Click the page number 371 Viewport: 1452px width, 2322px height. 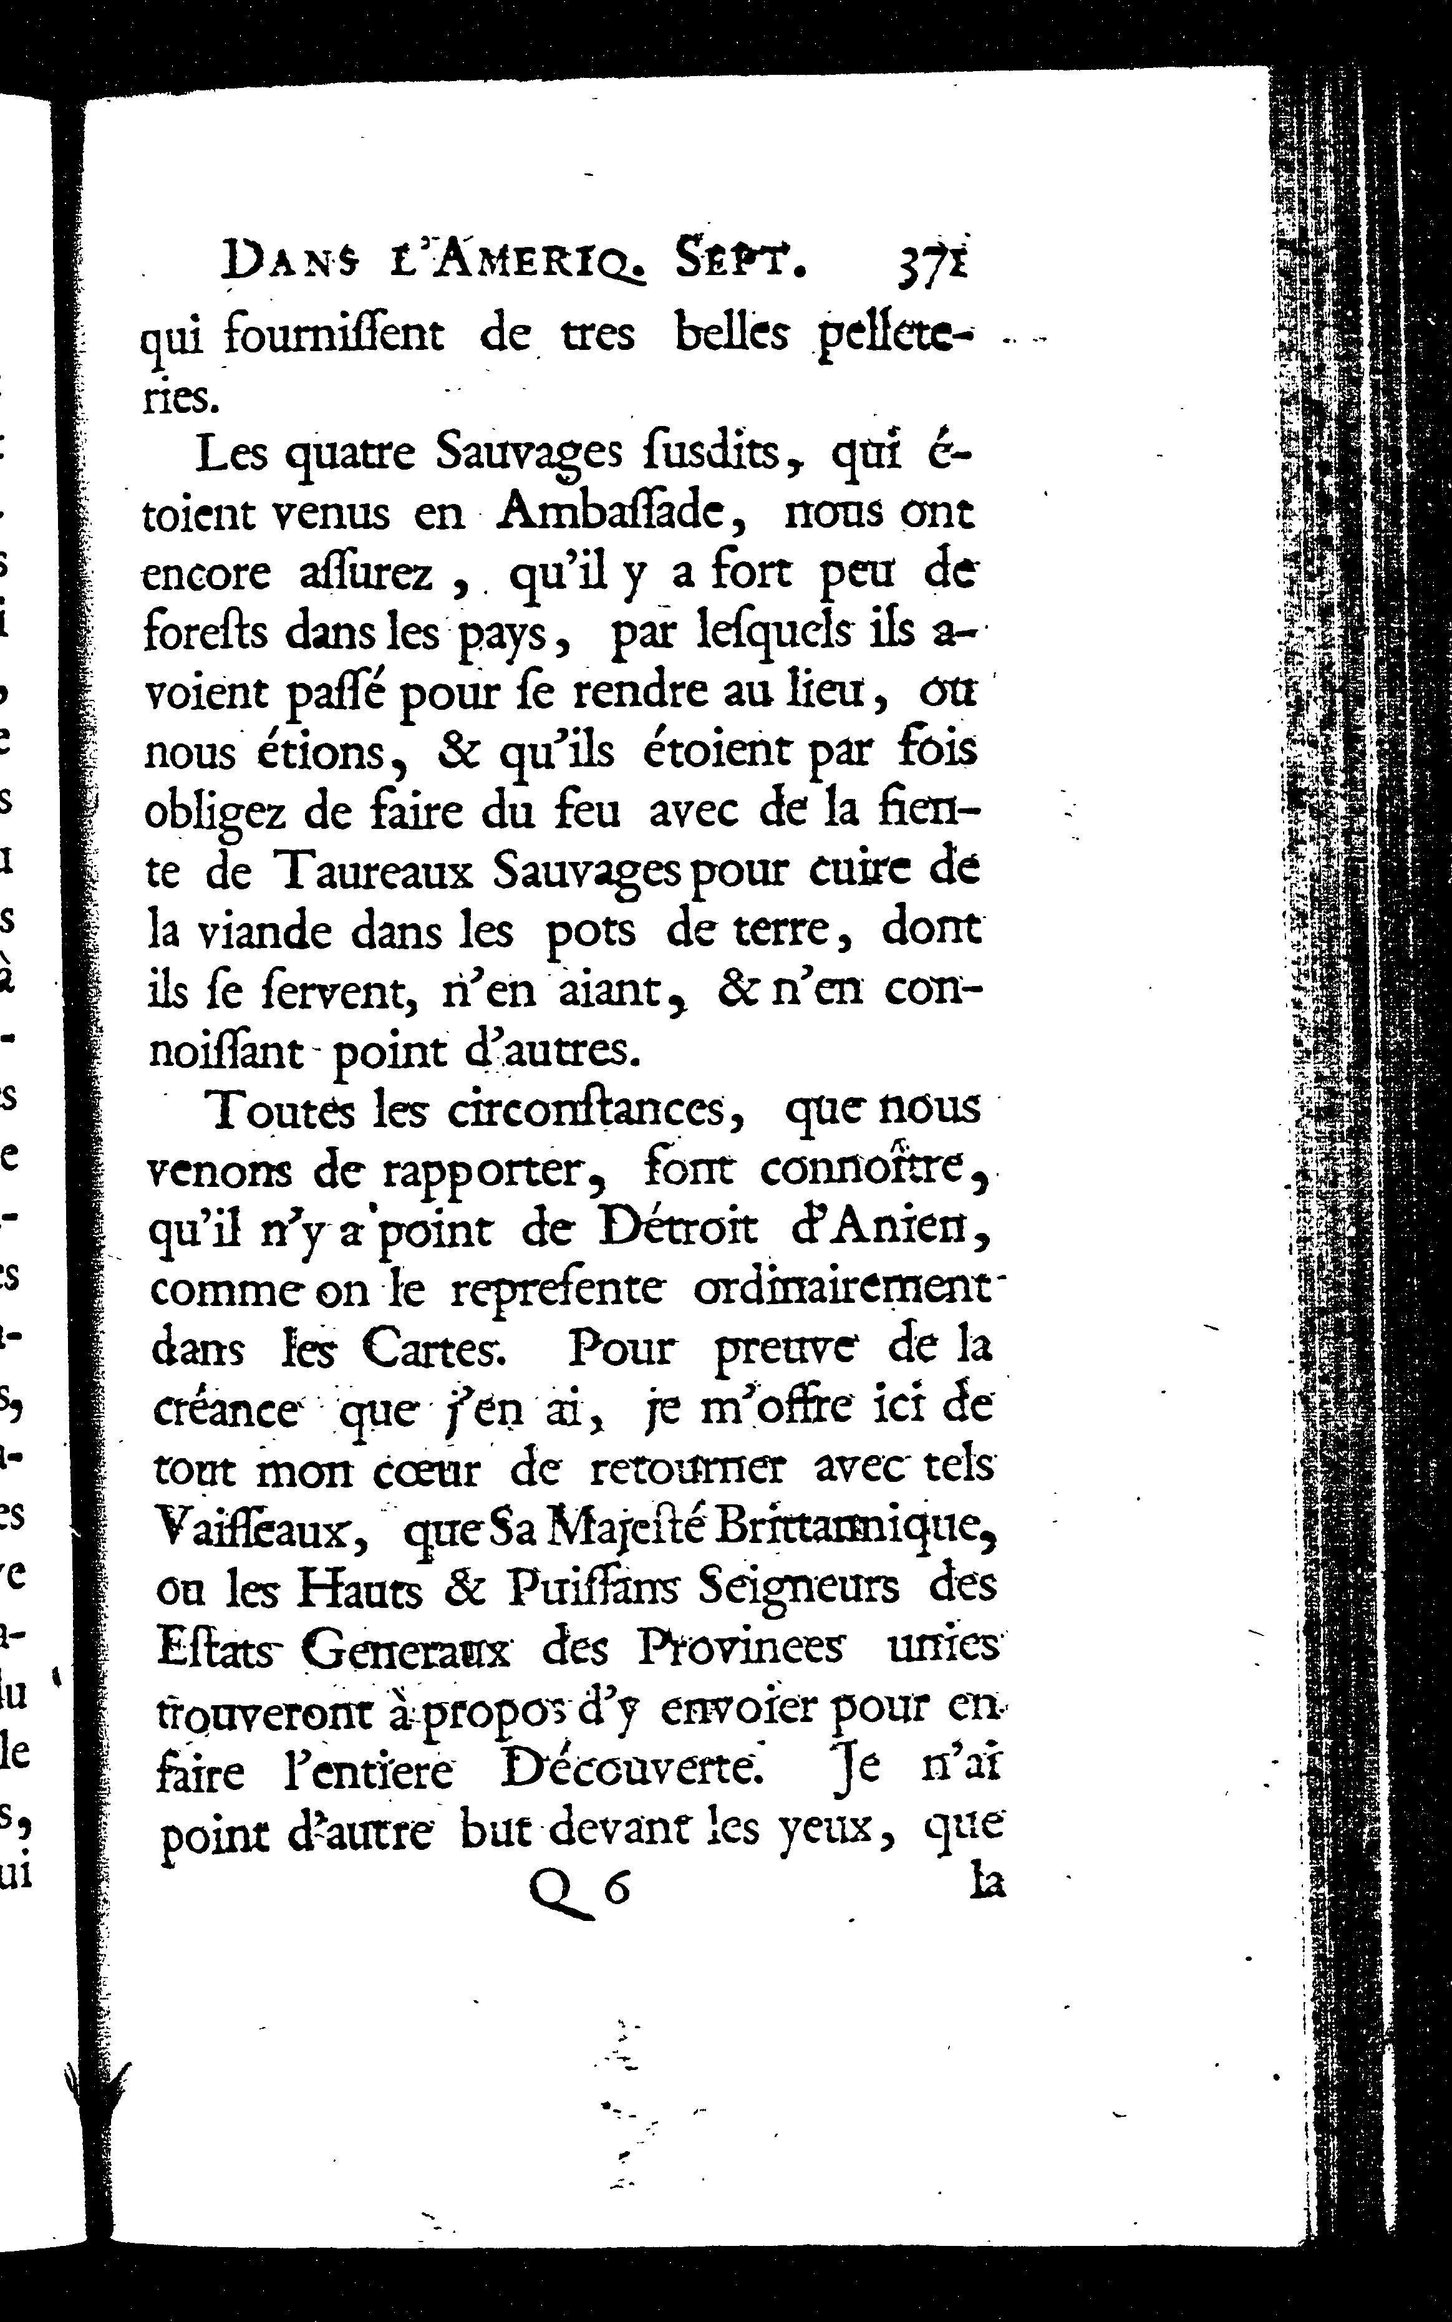(x=931, y=261)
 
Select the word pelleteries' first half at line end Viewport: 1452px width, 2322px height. (x=893, y=336)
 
